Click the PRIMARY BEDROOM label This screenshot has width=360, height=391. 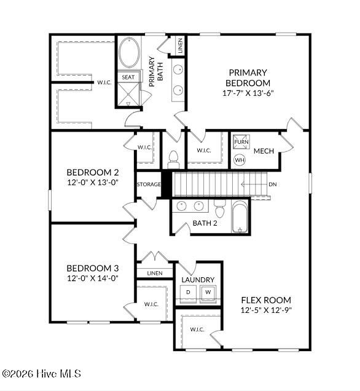(x=248, y=77)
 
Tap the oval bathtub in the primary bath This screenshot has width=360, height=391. (x=129, y=52)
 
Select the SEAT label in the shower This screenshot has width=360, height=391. (x=128, y=77)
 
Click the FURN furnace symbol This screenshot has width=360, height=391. (x=241, y=142)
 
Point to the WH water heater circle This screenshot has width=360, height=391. (x=240, y=160)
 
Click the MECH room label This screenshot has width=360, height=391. (x=264, y=151)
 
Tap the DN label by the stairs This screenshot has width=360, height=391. (x=273, y=184)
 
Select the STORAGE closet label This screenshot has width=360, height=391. (x=149, y=184)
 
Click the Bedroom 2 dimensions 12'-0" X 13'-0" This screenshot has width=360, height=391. (x=93, y=183)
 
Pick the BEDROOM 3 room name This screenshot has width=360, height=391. (x=93, y=268)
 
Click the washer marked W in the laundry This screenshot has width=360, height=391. (x=208, y=292)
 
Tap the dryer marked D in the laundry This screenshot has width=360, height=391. (x=189, y=292)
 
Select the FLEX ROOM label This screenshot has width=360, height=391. (x=266, y=300)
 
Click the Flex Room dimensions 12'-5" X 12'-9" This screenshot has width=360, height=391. (x=266, y=310)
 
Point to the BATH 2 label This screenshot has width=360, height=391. (x=205, y=223)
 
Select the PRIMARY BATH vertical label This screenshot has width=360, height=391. (x=156, y=71)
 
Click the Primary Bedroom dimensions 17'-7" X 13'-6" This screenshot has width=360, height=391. (x=248, y=93)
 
